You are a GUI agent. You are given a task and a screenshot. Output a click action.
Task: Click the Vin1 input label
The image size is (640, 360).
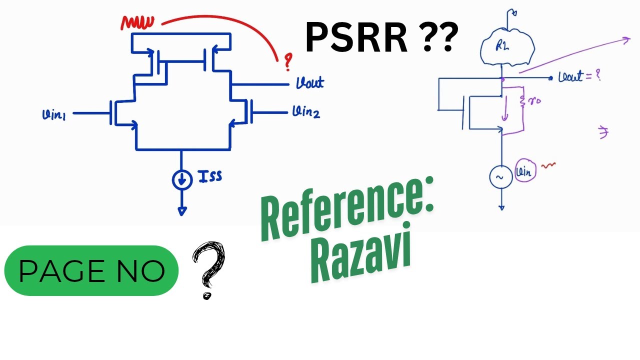pos(58,115)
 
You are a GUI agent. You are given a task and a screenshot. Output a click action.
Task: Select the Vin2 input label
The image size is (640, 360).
pos(306,113)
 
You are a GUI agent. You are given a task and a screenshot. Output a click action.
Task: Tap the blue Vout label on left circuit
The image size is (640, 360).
pos(309,82)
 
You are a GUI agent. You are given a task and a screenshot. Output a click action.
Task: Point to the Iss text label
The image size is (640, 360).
pos(210,176)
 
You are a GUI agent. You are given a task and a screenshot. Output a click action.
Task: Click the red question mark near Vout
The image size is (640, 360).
pos(287,62)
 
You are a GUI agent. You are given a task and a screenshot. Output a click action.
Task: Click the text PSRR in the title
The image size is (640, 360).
pos(356,38)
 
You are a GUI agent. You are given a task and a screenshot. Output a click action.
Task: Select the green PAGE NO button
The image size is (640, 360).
pos(91,270)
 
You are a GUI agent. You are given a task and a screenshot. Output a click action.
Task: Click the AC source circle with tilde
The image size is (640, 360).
pos(501,177)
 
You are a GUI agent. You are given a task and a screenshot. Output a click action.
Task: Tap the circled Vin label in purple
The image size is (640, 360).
pos(525,172)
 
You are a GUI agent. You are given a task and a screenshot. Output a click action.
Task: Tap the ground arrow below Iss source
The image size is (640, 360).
pos(182,210)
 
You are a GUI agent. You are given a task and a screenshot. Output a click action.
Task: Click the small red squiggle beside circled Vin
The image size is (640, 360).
pos(549,164)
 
